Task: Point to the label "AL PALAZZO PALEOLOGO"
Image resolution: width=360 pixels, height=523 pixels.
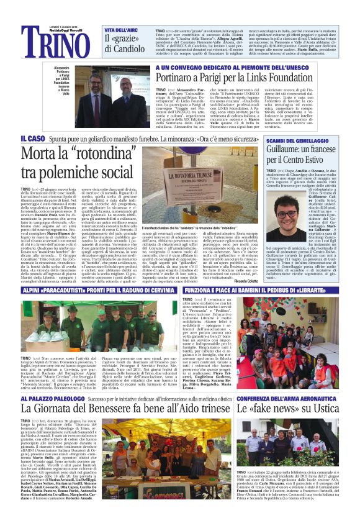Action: click(52, 379)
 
